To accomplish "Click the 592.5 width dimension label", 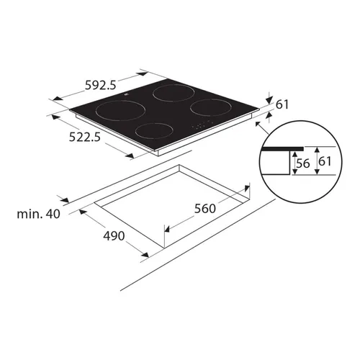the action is coord(101,85).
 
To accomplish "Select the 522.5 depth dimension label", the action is coord(84,137).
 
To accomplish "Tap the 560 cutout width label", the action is coord(205,208).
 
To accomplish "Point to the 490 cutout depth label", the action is coord(114,235).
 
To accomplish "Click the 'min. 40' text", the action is coord(38,214).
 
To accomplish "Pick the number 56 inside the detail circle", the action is coord(303,163).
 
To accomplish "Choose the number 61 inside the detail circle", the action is coord(325,161).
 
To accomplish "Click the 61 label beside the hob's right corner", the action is coord(282,104).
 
